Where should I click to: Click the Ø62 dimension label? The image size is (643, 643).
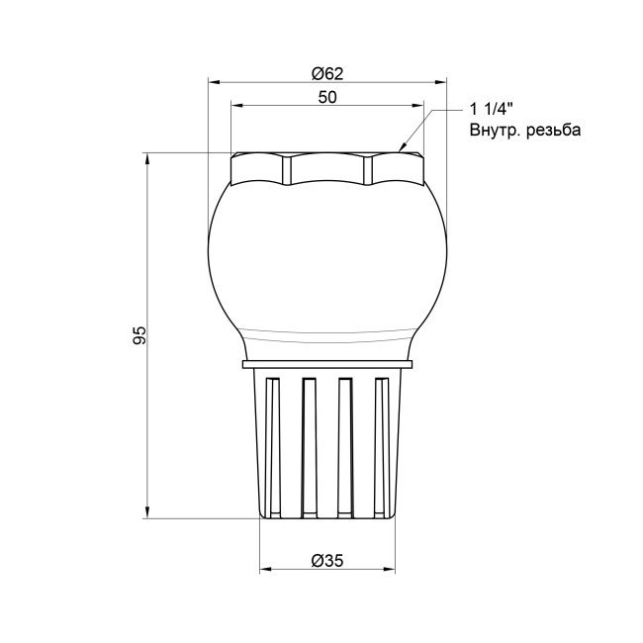click(326, 72)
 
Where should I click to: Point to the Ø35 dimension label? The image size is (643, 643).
click(326, 559)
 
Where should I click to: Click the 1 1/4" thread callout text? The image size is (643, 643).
click(494, 110)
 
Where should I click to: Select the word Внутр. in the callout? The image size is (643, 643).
click(494, 130)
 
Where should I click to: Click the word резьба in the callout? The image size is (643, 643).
click(551, 130)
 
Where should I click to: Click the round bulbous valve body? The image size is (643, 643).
click(326, 257)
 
